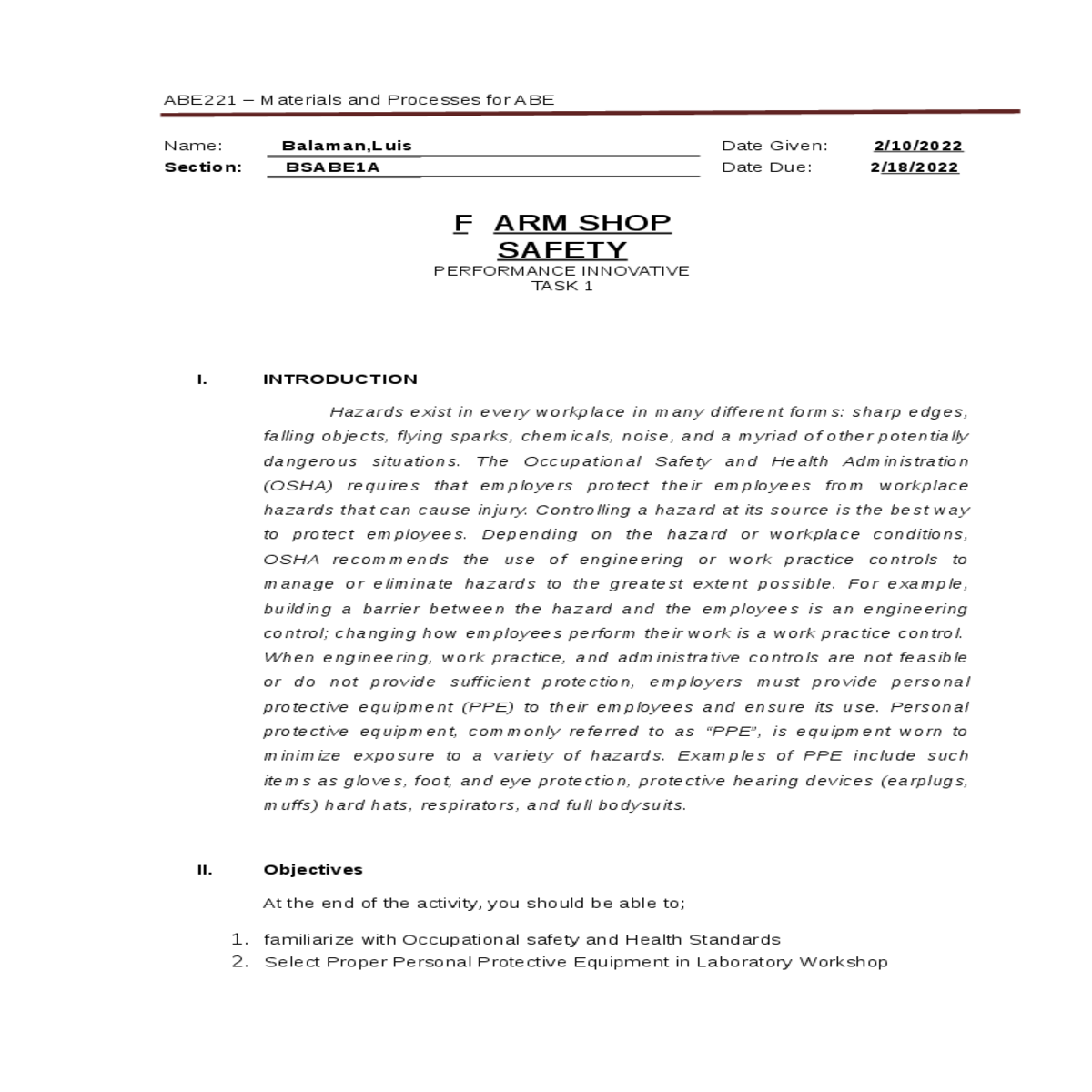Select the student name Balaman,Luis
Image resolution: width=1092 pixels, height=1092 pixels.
(x=347, y=146)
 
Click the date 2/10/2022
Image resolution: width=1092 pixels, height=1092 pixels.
(x=917, y=146)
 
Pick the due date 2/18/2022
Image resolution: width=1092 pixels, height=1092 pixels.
(x=915, y=167)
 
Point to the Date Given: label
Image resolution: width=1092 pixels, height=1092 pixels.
(x=774, y=146)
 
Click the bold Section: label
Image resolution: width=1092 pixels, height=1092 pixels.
(x=203, y=167)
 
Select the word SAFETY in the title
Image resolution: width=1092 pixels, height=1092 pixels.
(x=562, y=249)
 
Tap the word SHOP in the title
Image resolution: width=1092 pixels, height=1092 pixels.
(x=625, y=223)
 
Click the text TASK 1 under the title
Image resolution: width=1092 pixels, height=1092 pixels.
(x=561, y=286)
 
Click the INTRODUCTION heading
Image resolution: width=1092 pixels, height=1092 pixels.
(x=340, y=379)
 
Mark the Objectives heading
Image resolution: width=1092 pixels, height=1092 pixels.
(x=313, y=870)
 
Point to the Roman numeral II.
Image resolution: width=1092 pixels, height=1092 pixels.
(x=205, y=870)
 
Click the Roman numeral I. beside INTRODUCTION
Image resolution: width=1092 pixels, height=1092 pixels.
(x=202, y=379)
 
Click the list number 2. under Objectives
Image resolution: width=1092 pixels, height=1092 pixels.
(x=239, y=962)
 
